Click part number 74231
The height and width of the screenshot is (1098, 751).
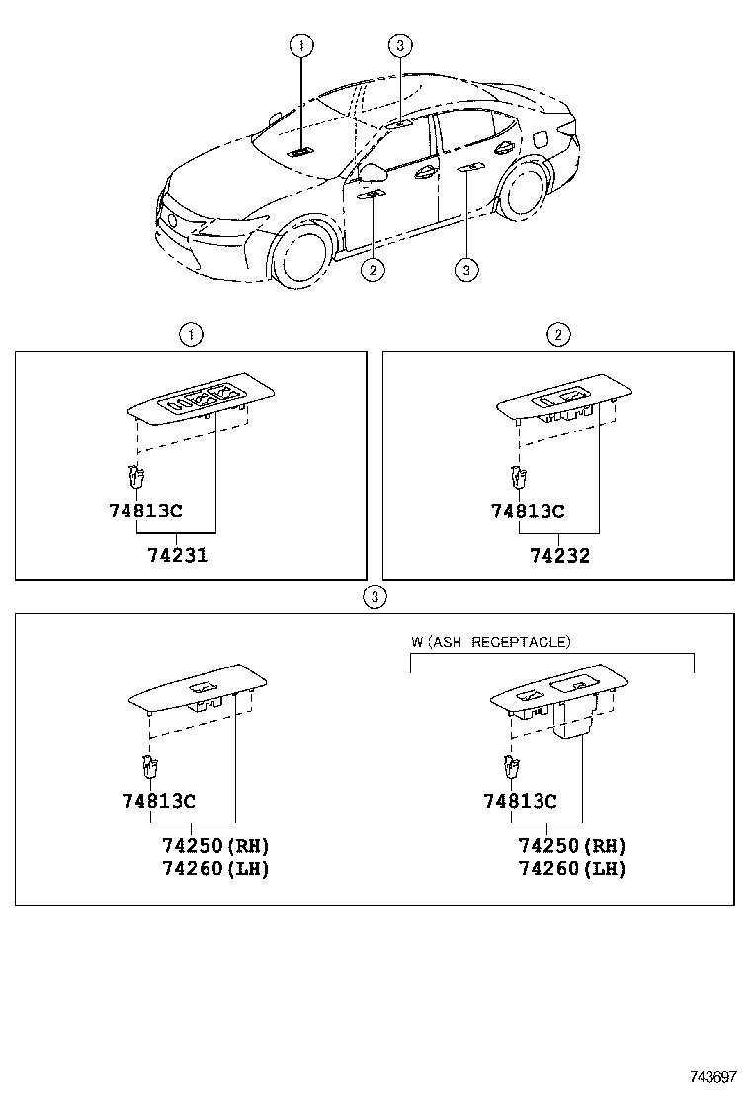(x=177, y=555)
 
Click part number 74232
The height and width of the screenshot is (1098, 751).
(x=559, y=556)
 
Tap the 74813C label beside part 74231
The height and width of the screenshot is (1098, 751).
(x=147, y=511)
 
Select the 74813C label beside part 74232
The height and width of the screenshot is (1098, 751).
(x=528, y=511)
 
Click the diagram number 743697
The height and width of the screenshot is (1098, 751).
(x=714, y=1077)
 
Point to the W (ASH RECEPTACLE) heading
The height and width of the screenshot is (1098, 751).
(x=491, y=642)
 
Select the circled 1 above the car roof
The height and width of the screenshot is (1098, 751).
(x=301, y=44)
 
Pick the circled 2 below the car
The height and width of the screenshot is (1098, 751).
(x=372, y=269)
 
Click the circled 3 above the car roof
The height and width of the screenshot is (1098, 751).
(x=398, y=44)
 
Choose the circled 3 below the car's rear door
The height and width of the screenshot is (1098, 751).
(x=466, y=269)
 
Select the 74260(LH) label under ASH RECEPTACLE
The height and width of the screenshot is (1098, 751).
(x=572, y=869)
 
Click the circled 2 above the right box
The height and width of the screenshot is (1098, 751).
(x=559, y=335)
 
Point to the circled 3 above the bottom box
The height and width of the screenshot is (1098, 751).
(x=374, y=596)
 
